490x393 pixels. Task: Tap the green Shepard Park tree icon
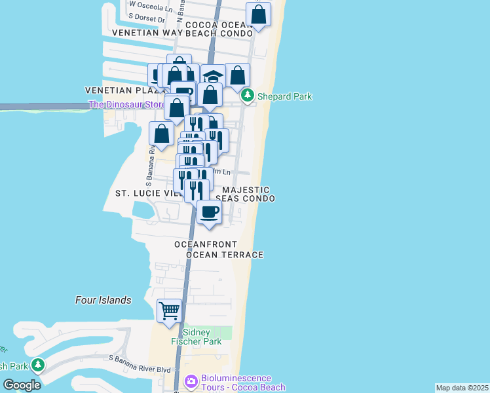(247, 96)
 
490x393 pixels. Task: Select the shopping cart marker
(170, 311)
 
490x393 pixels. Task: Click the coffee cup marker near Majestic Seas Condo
(210, 212)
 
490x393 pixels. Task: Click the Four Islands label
(103, 300)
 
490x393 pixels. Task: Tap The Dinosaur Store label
(127, 104)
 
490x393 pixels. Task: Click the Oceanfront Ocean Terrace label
(219, 250)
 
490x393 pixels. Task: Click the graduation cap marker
(212, 76)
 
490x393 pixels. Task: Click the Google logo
(22, 385)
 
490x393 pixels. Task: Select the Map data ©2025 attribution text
(462, 388)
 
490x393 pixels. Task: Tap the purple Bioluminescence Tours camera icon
(191, 381)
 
